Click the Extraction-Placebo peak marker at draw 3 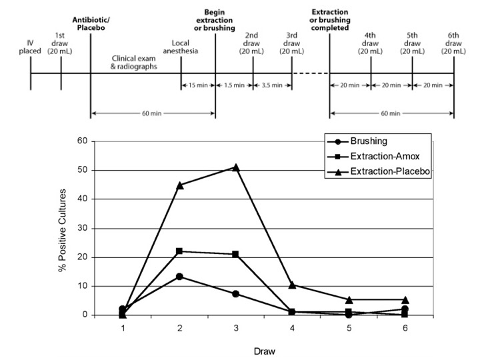[x=235, y=167]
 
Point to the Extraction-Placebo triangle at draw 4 [x=292, y=284]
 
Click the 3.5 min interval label [x=272, y=85]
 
